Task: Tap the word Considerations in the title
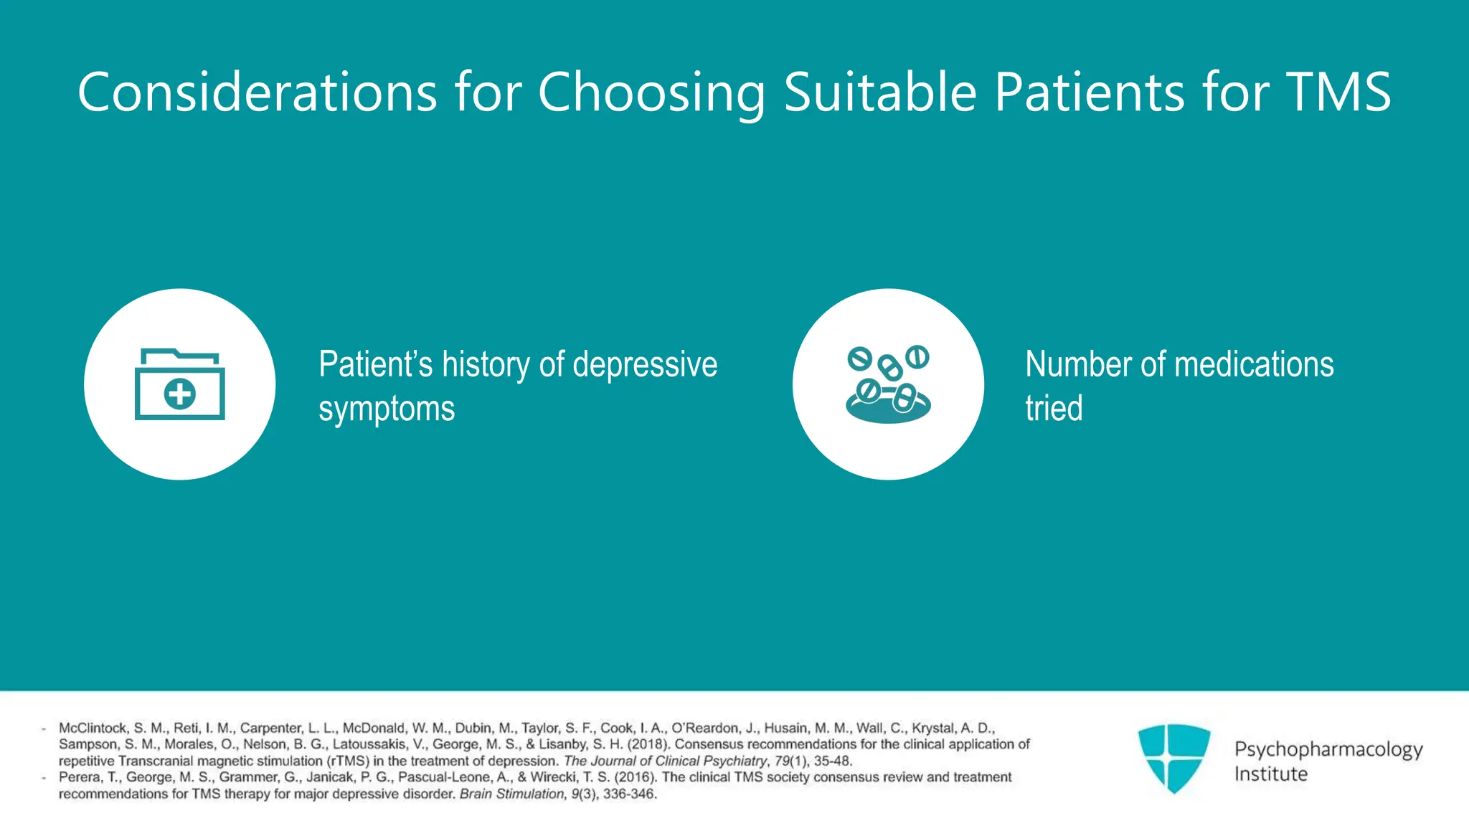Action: [257, 92]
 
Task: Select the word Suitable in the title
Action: [880, 92]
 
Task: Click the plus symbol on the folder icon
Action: [179, 394]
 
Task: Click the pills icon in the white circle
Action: [888, 384]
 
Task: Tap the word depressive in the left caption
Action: [645, 364]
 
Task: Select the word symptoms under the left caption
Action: [387, 409]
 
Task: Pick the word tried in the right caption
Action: [1053, 409]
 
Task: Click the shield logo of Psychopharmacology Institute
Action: [1173, 758]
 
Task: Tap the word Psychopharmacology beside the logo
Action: [1328, 749]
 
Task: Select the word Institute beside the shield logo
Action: [1270, 774]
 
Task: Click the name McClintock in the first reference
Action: [93, 728]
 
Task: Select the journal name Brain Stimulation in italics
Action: [511, 794]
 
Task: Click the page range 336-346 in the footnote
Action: [629, 794]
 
